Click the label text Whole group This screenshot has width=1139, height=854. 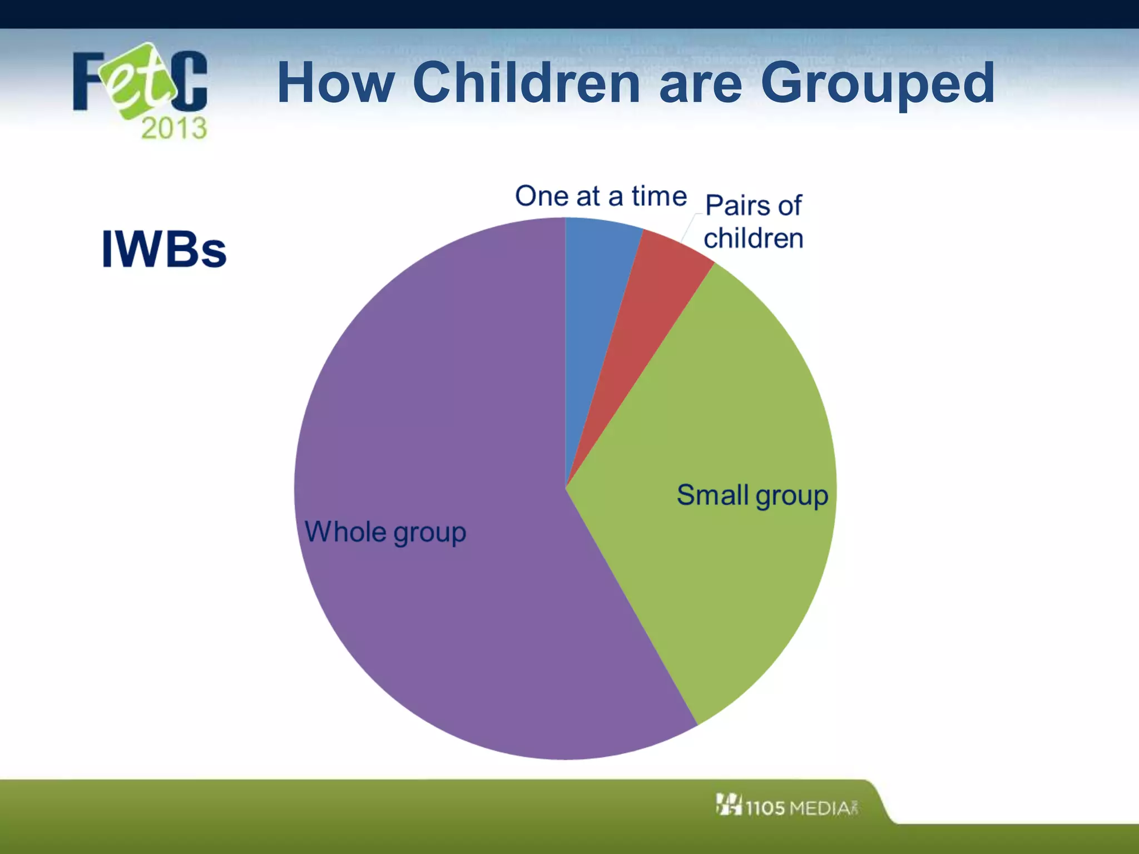point(385,532)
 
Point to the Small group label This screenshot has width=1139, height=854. point(752,495)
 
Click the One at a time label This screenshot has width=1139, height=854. point(601,196)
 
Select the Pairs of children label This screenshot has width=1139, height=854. point(754,222)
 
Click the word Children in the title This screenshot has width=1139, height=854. point(526,83)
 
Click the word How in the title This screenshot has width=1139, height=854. point(335,83)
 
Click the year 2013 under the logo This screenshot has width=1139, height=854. point(174,128)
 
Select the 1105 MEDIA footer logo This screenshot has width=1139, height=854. point(787,806)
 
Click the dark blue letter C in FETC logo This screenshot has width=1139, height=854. point(190,81)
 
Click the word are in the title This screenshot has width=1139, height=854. point(700,83)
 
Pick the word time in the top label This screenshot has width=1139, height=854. point(659,196)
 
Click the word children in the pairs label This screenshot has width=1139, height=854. point(754,239)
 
